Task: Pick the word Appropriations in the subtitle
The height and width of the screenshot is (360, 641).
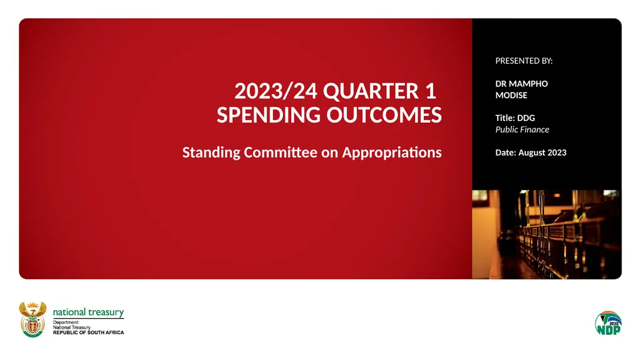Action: point(391,152)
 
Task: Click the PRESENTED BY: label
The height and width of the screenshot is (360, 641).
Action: point(524,61)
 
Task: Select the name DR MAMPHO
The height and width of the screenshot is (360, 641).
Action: point(521,84)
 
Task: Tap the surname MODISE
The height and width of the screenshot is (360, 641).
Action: point(511,95)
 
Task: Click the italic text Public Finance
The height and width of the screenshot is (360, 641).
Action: point(522,130)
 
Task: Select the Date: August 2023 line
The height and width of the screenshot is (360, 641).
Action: point(531,152)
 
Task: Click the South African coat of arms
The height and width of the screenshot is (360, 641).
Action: point(33,319)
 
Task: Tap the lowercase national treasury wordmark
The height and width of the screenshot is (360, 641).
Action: point(88,312)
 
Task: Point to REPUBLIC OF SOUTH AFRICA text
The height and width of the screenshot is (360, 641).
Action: point(88,332)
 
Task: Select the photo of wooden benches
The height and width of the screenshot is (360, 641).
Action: point(546,234)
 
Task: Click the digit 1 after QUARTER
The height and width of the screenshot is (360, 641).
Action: point(429,92)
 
